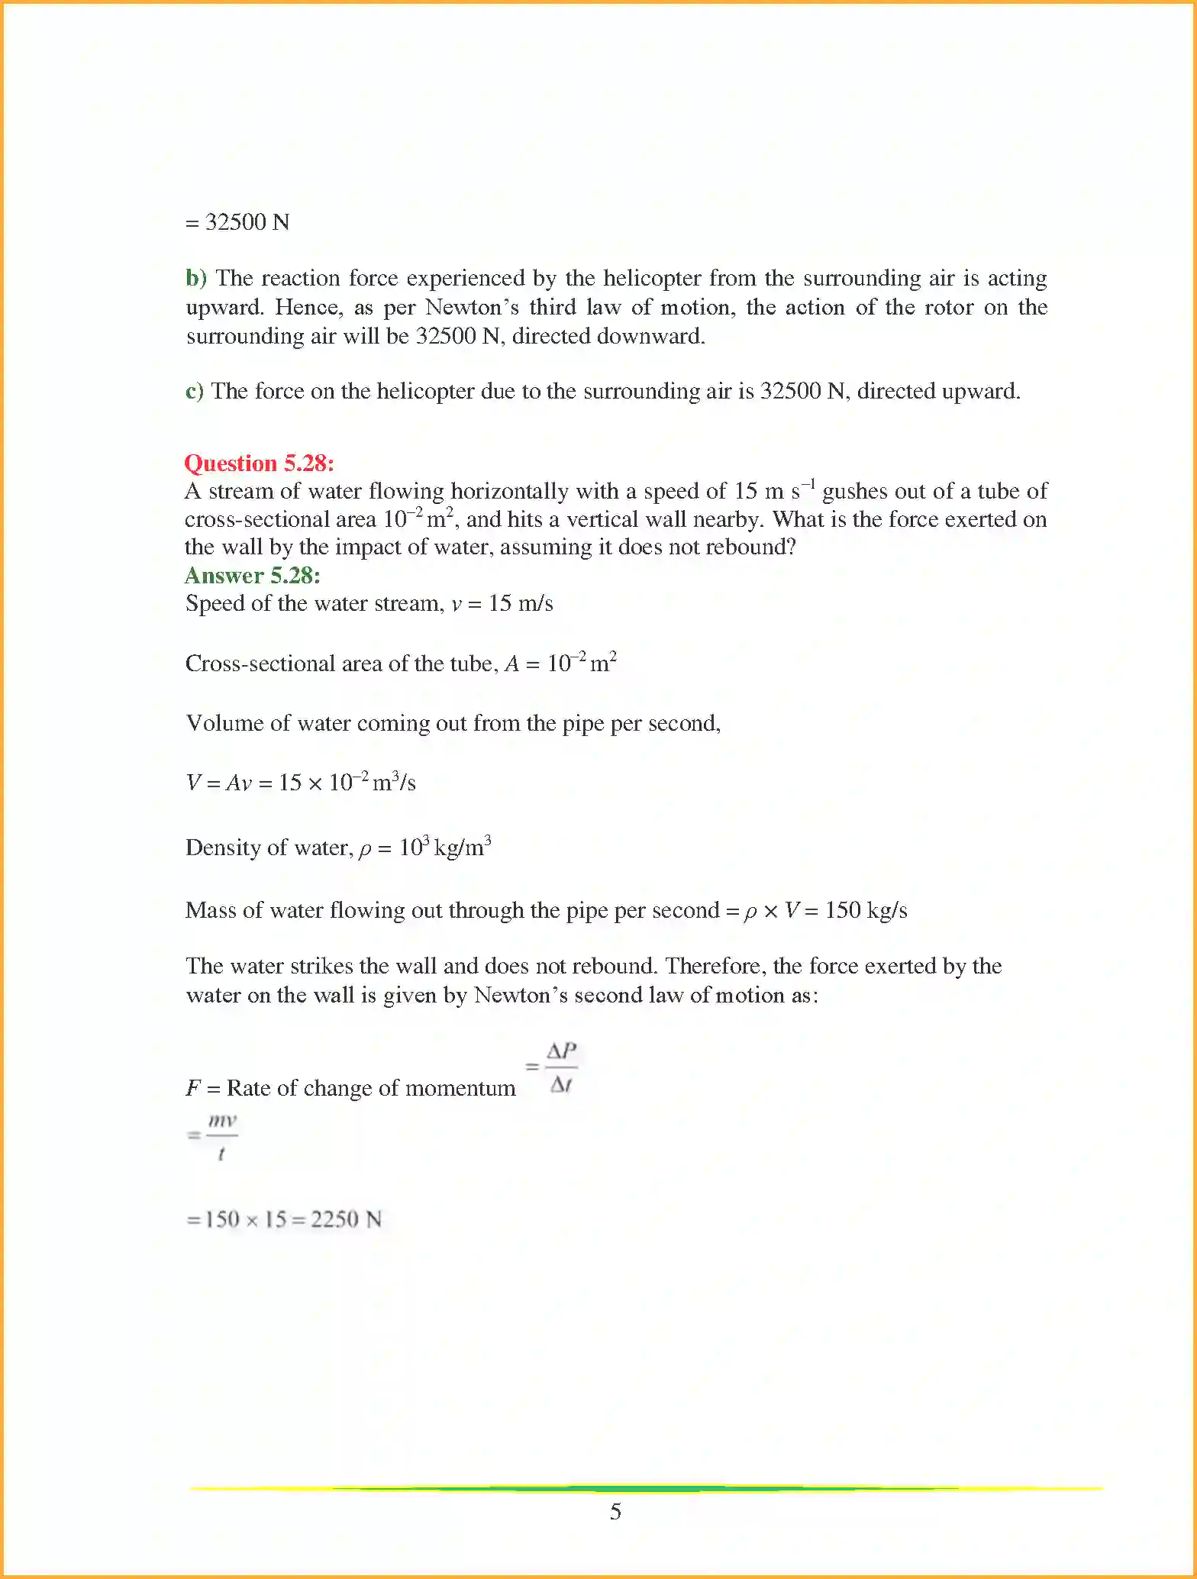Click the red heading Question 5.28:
pos(259,463)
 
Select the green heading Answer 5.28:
pos(252,576)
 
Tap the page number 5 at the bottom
pos(615,1512)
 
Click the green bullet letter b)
pos(195,278)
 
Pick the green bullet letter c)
pos(195,392)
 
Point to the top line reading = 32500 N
pos(237,222)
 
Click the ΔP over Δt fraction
pos(562,1067)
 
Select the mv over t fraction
pos(221,1136)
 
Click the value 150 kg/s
pos(866,910)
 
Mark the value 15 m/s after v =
pos(521,604)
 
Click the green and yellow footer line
pos(646,1488)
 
